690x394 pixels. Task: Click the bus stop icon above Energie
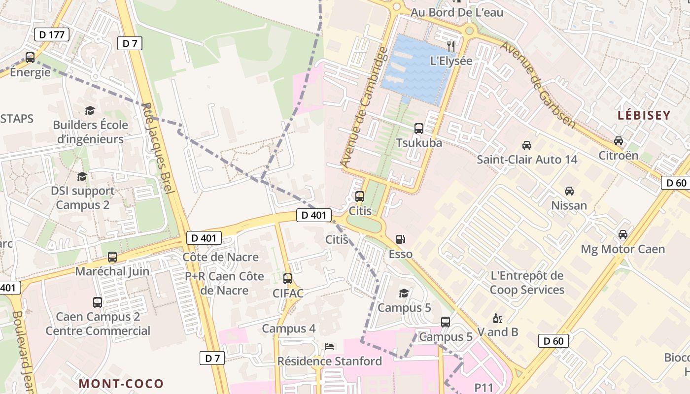30,58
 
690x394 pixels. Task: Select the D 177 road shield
52,34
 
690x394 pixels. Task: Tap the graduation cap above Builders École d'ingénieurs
90,110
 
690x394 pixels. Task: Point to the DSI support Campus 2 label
83,197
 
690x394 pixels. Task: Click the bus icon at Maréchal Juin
112,257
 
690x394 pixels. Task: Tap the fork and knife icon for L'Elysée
451,46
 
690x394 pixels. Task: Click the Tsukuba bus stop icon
419,129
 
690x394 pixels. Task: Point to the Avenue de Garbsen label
538,85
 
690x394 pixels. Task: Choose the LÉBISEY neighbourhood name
644,116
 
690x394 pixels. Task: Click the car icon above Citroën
619,141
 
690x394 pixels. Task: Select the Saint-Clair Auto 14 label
527,160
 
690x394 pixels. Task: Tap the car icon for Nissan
569,191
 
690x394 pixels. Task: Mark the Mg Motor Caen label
623,249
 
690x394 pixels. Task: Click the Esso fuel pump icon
401,240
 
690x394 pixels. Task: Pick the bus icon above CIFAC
288,279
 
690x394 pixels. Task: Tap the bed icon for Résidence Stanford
329,347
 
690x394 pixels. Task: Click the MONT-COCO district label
121,383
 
